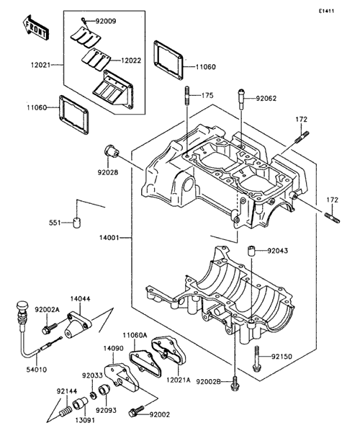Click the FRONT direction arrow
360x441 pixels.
36,27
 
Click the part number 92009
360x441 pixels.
106,22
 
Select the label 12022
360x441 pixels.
131,61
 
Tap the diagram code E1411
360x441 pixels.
326,12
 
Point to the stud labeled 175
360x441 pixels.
187,96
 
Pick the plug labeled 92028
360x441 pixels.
112,152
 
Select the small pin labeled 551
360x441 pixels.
77,223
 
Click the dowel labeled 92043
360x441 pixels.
251,251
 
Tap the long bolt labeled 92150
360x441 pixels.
257,359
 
